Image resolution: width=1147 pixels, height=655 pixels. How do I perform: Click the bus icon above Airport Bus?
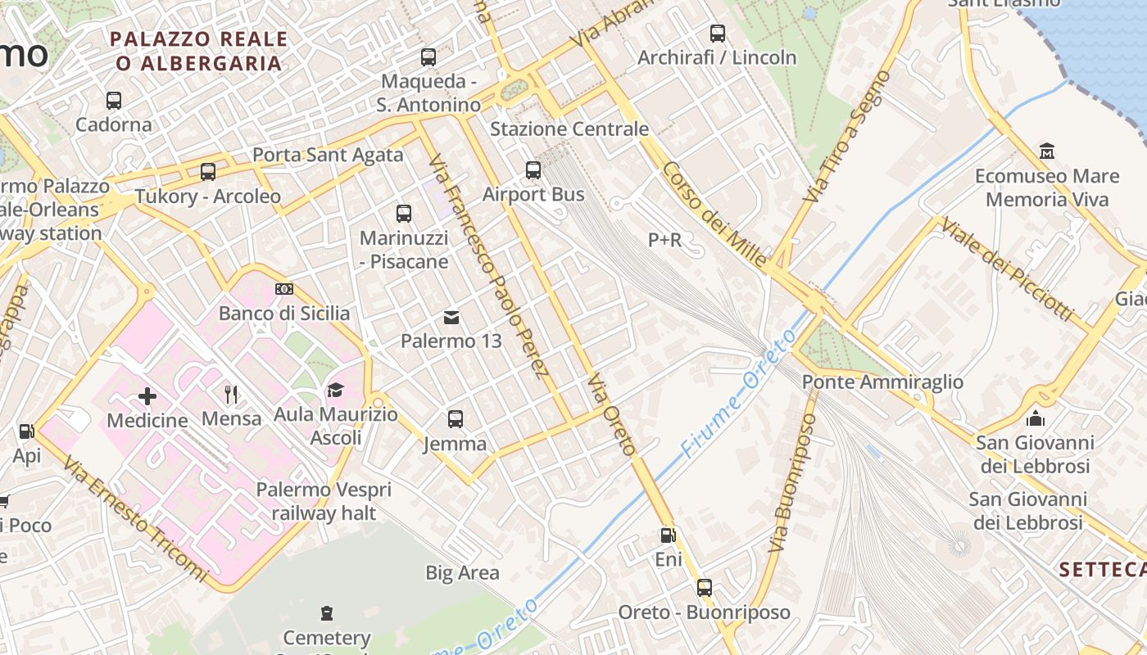533,170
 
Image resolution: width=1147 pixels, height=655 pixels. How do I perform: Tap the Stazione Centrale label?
569,129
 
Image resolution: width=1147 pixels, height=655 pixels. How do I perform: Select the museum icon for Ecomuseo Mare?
1047,151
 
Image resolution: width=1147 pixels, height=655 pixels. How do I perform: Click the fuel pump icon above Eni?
669,535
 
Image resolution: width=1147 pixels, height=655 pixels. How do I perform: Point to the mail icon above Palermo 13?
451,317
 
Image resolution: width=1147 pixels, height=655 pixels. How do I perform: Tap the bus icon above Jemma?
456,419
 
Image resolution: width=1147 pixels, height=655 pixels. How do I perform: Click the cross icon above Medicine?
147,396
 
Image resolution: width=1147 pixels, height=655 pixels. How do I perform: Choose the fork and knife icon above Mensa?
231,395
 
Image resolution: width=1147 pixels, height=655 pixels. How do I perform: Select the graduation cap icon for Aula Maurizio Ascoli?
335,390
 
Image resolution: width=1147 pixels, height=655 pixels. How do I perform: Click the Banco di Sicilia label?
284,314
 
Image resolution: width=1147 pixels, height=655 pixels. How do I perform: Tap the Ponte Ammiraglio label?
882,382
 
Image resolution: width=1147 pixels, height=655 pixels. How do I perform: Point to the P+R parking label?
664,240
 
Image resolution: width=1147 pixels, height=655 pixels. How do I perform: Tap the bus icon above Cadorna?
114,101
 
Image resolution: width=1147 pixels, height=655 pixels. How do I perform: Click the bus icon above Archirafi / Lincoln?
718,34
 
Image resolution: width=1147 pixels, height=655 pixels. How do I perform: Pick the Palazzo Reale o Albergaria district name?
199,51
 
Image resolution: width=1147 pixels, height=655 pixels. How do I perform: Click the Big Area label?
462,573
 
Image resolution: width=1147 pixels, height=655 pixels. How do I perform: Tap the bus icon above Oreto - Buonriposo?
705,588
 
